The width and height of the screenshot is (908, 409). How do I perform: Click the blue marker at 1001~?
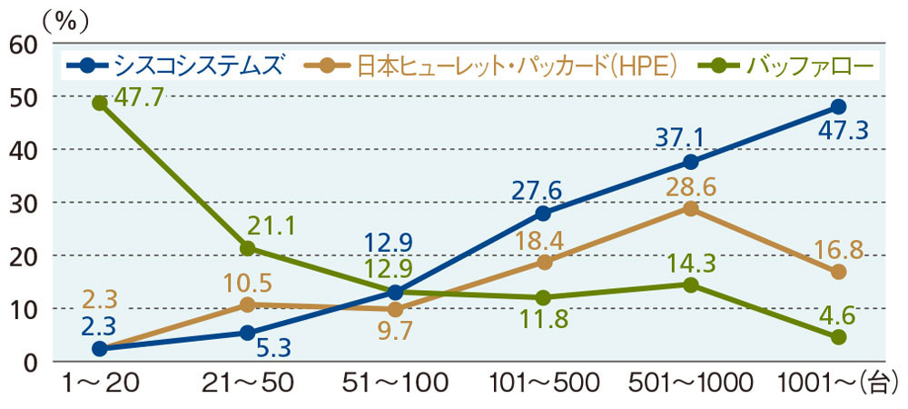coord(838,107)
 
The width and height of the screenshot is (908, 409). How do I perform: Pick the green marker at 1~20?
coord(99,103)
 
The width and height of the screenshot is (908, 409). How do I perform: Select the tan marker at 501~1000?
coord(690,208)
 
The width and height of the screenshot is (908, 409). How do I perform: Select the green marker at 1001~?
coord(838,337)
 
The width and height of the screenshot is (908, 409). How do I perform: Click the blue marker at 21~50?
coord(247,333)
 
